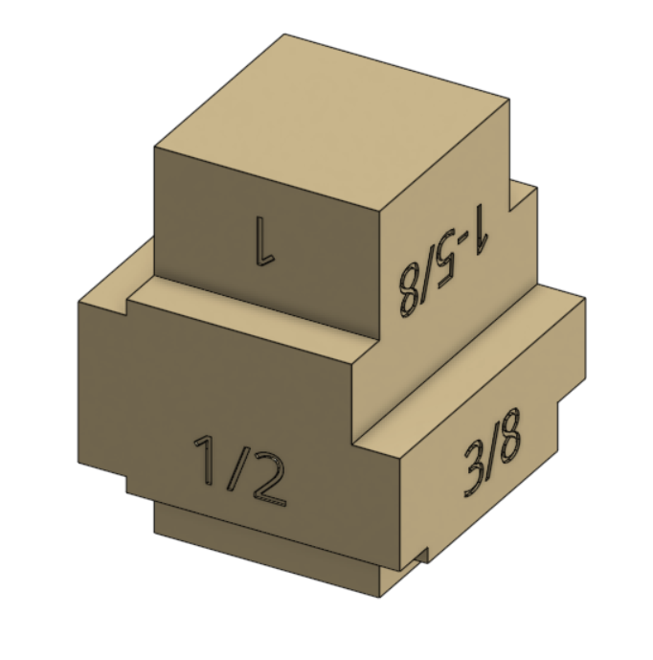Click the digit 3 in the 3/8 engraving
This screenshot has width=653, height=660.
coord(473,469)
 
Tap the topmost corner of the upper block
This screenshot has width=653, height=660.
coord(283,35)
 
